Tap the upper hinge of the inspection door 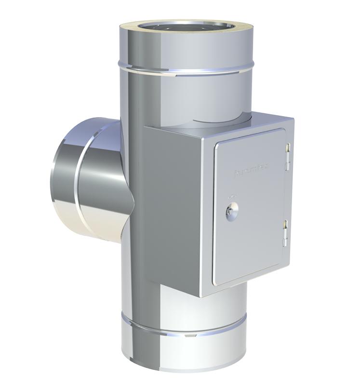click(x=287, y=158)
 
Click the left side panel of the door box click(x=171, y=207)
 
